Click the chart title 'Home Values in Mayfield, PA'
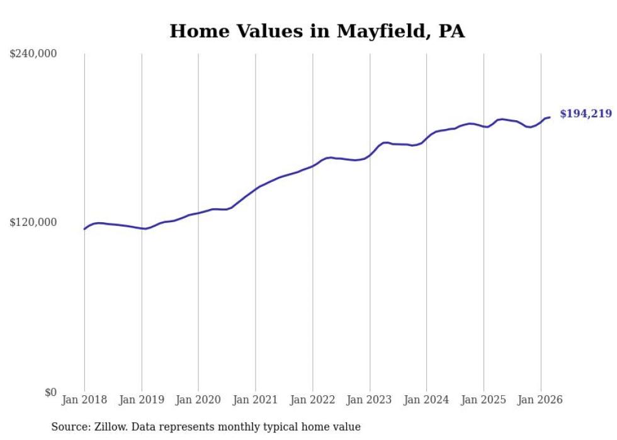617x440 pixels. coord(317,31)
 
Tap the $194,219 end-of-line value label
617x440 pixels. coord(586,114)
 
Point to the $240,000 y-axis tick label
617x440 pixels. coord(33,54)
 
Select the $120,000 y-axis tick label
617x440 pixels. coord(33,222)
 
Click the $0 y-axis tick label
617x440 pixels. coord(50,392)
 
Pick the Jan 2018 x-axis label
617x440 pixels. coord(84,400)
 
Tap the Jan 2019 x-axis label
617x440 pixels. coord(142,400)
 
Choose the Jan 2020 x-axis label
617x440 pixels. coord(198,400)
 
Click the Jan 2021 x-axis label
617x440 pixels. coord(256,400)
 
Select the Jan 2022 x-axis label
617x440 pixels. coord(312,400)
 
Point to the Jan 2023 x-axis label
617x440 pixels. coord(370,400)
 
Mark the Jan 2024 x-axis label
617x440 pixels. coord(426,400)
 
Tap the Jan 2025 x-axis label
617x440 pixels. coord(484,400)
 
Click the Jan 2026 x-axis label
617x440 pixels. coord(540,400)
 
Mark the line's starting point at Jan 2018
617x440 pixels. coord(84,228)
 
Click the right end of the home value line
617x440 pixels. coord(550,117)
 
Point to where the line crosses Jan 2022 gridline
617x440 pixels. coord(312,166)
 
